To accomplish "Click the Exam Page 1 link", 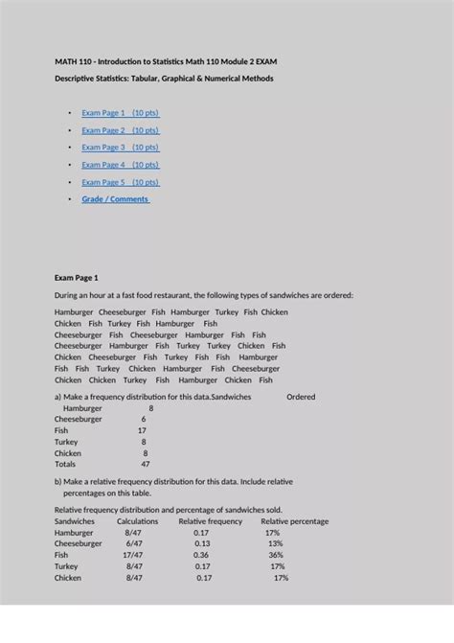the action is point(120,112).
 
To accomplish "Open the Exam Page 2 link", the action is point(120,130).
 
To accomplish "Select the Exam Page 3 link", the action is point(120,148).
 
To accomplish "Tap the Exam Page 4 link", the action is point(120,165).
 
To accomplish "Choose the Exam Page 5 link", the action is point(120,182).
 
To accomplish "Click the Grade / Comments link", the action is point(115,199).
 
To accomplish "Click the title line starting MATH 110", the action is point(168,61).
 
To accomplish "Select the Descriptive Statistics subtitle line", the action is point(164,79).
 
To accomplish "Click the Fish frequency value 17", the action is point(142,430).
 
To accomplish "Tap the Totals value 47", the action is point(145,464).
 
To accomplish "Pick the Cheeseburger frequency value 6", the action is point(143,419).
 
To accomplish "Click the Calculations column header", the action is point(137,521).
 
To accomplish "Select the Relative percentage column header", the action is point(294,521).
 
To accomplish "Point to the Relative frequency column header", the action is point(210,521).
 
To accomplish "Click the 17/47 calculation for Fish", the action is point(132,555).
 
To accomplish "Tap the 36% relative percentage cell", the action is point(276,555).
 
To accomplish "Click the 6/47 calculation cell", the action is point(134,543).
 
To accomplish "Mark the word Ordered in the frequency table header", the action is point(301,396).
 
